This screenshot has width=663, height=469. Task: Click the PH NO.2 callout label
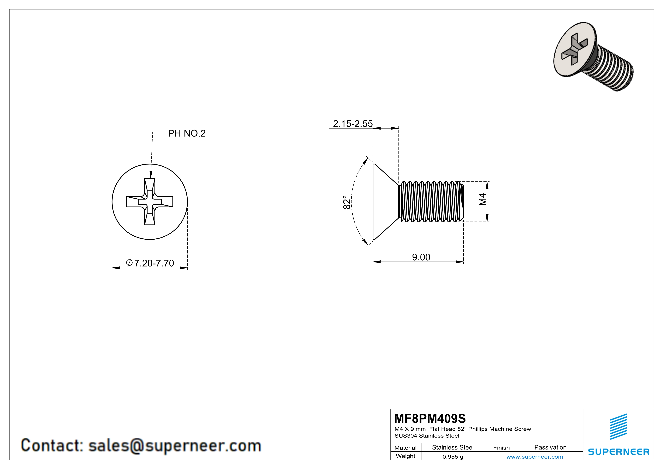187,134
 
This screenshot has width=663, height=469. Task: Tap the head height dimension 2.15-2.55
353,124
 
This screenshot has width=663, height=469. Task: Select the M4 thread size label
482,199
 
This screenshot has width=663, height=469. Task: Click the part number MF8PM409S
430,418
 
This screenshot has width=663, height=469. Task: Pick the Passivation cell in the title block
550,447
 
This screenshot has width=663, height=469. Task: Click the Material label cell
406,448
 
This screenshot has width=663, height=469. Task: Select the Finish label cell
501,448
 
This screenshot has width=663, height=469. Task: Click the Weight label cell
406,456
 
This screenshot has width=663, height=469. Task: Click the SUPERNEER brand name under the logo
619,452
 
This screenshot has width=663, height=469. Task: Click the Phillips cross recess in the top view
150,202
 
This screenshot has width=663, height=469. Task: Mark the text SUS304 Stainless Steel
427,436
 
